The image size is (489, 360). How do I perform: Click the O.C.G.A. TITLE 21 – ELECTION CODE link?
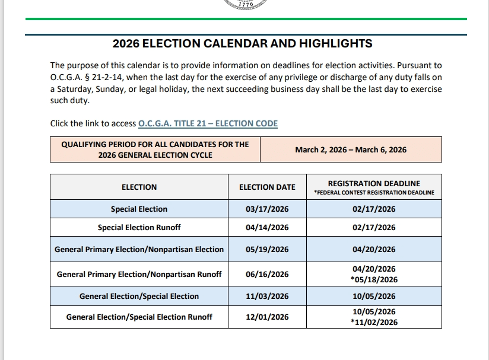point(208,123)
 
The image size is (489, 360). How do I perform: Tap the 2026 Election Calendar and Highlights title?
point(243,43)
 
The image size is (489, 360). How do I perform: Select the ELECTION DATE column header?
point(267,187)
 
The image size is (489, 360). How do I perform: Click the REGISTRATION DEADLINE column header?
point(374,183)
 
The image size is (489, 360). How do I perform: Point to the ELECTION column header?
point(139,187)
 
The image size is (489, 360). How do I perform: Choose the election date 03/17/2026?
point(267,209)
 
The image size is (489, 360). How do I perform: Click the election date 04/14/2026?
point(267,227)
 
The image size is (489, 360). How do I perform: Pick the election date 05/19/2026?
point(267,249)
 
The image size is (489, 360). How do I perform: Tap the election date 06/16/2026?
point(267,274)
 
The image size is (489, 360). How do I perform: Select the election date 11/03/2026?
point(267,296)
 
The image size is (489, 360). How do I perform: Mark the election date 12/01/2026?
point(267,317)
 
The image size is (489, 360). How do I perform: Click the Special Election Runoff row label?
point(139,227)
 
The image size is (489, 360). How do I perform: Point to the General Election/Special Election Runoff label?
point(139,317)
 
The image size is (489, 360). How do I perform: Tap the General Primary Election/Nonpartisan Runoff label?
point(139,274)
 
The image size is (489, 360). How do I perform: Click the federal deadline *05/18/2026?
point(374,279)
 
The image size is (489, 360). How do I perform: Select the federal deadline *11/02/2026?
point(374,322)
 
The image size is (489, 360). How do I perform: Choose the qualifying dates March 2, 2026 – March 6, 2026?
point(351,149)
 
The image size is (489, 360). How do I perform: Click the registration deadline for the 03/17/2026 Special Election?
point(374,209)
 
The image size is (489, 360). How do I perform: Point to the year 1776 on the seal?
point(245,4)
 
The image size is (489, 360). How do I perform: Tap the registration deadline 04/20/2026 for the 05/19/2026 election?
point(374,249)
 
